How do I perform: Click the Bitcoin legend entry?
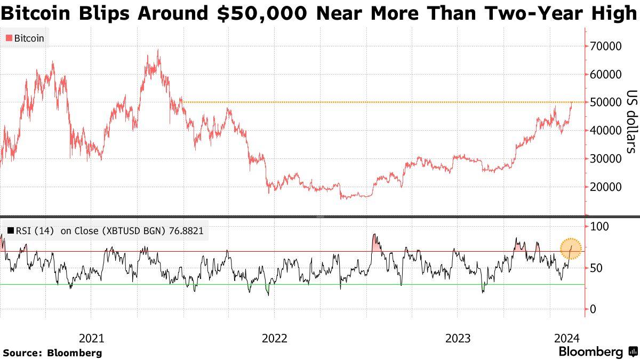(x=25, y=38)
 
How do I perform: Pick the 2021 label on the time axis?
(x=91, y=338)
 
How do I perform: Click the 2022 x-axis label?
(x=274, y=338)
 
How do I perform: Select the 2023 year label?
(x=458, y=338)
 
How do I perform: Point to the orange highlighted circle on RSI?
(x=571, y=248)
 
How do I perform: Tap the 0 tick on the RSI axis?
(x=593, y=309)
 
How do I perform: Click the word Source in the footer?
(x=22, y=353)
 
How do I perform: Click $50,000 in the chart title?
(x=262, y=13)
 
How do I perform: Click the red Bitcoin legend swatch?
(x=9, y=38)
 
